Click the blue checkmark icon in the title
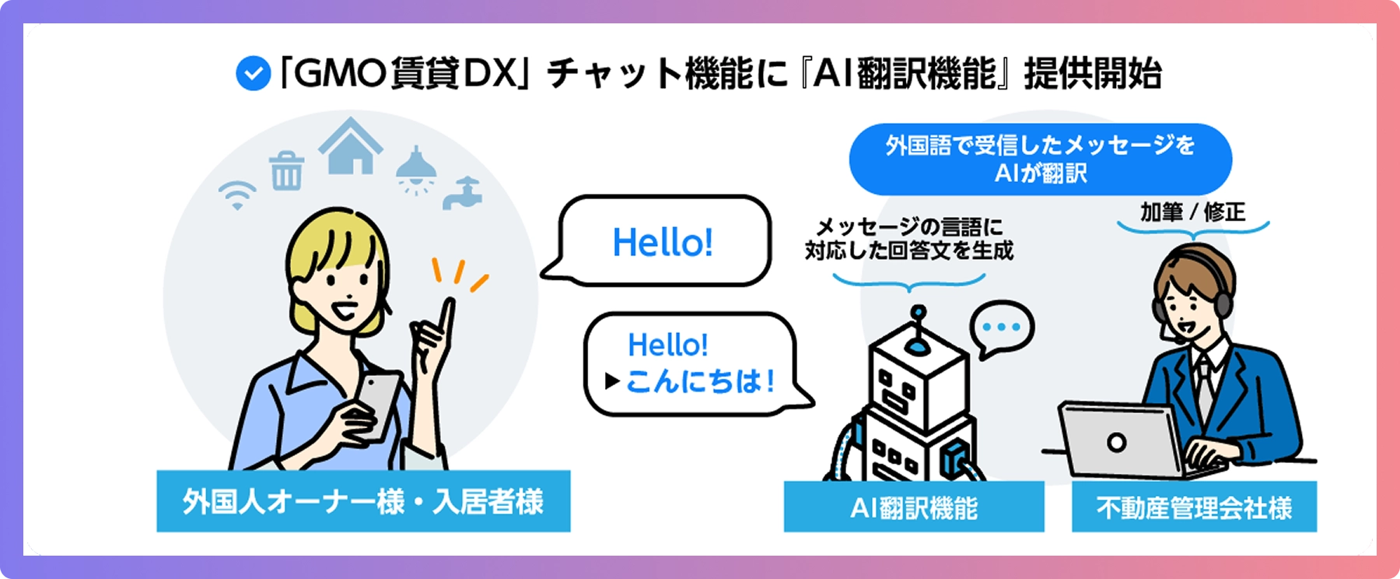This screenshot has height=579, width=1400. point(253,73)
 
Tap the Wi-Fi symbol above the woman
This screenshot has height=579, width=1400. point(237,195)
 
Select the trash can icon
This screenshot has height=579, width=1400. point(286,170)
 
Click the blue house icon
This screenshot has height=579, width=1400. point(351,146)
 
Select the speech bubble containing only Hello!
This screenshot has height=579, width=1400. point(657,240)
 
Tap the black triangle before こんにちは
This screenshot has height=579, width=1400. point(613,381)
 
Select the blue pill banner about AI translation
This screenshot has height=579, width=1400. point(1041,159)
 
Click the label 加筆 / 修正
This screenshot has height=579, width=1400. point(1193,212)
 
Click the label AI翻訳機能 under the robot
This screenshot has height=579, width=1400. point(914,507)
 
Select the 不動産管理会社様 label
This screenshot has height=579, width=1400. point(1194,507)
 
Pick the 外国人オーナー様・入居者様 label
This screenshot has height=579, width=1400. point(363,501)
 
